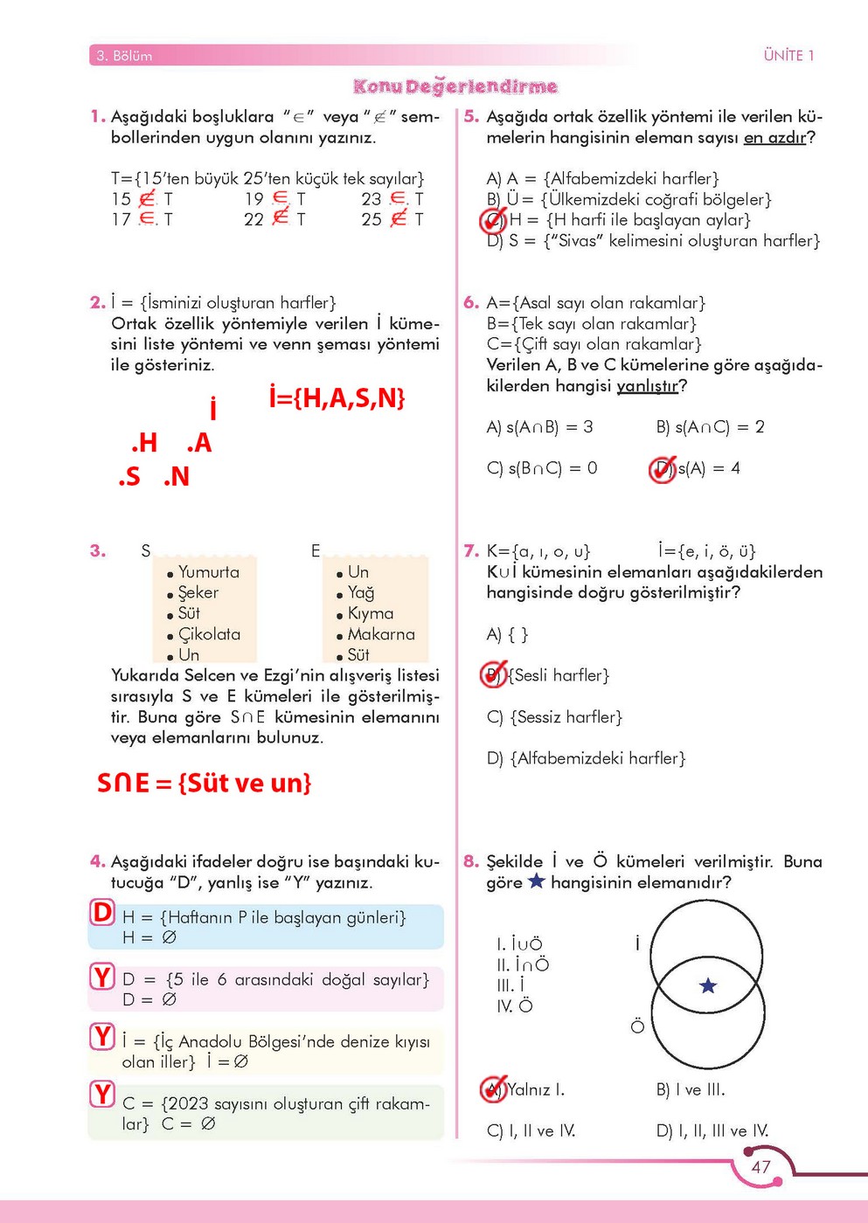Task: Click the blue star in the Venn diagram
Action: click(x=708, y=986)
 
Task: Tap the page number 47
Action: click(x=760, y=1167)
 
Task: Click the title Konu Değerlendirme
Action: click(x=455, y=86)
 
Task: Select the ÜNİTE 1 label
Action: click(x=788, y=56)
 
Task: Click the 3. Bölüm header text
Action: click(x=124, y=56)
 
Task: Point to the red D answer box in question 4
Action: click(x=102, y=913)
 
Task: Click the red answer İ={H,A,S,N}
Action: click(x=337, y=398)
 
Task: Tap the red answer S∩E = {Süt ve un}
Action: click(x=204, y=783)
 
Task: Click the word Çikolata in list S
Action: click(x=209, y=634)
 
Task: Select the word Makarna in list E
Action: click(x=381, y=634)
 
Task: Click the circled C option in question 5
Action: click(x=494, y=220)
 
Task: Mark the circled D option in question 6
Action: click(x=663, y=469)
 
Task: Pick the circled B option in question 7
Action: click(x=494, y=674)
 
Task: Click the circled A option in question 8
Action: click(x=494, y=1089)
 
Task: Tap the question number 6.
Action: click(x=471, y=303)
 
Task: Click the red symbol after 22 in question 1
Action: click(x=281, y=217)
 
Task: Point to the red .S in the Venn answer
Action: click(x=129, y=477)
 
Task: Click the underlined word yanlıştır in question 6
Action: click(x=647, y=386)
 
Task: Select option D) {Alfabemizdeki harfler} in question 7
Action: click(x=586, y=758)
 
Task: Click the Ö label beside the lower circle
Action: click(x=637, y=1026)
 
